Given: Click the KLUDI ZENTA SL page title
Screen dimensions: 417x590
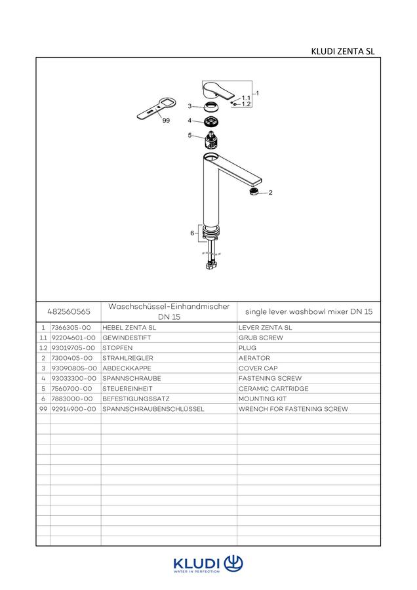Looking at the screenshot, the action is point(343,51).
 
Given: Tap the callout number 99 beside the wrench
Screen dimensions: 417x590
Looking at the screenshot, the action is point(166,121).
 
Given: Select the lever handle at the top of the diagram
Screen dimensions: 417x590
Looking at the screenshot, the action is point(217,92).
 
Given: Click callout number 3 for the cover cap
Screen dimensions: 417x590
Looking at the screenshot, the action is point(190,106).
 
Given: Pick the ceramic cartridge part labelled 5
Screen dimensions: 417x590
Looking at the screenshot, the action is point(211,141).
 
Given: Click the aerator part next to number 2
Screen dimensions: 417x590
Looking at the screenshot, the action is point(254,191).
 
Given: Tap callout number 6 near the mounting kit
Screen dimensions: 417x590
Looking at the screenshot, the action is point(192,233).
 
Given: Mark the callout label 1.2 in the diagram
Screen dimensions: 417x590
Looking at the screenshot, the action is point(246,104).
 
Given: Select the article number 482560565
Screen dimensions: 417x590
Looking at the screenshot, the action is point(69,311).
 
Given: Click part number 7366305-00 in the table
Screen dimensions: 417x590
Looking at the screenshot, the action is point(71,328).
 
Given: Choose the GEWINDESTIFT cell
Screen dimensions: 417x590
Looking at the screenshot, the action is point(127,338).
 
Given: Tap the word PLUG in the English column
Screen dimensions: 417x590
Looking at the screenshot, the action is point(247,348).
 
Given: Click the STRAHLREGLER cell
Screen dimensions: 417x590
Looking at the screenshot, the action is point(128,358).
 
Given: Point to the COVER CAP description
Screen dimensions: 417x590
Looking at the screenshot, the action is point(258,368).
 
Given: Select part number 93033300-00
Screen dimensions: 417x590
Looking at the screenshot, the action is point(74,378).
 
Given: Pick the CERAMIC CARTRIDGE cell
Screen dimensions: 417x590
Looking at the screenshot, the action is point(273,389).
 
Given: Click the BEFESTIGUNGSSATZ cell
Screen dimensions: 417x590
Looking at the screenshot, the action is point(136,399).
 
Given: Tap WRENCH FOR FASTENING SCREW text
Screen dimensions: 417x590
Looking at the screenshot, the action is point(293,409).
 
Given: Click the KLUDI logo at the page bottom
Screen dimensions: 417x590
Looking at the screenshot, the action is point(208,564).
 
